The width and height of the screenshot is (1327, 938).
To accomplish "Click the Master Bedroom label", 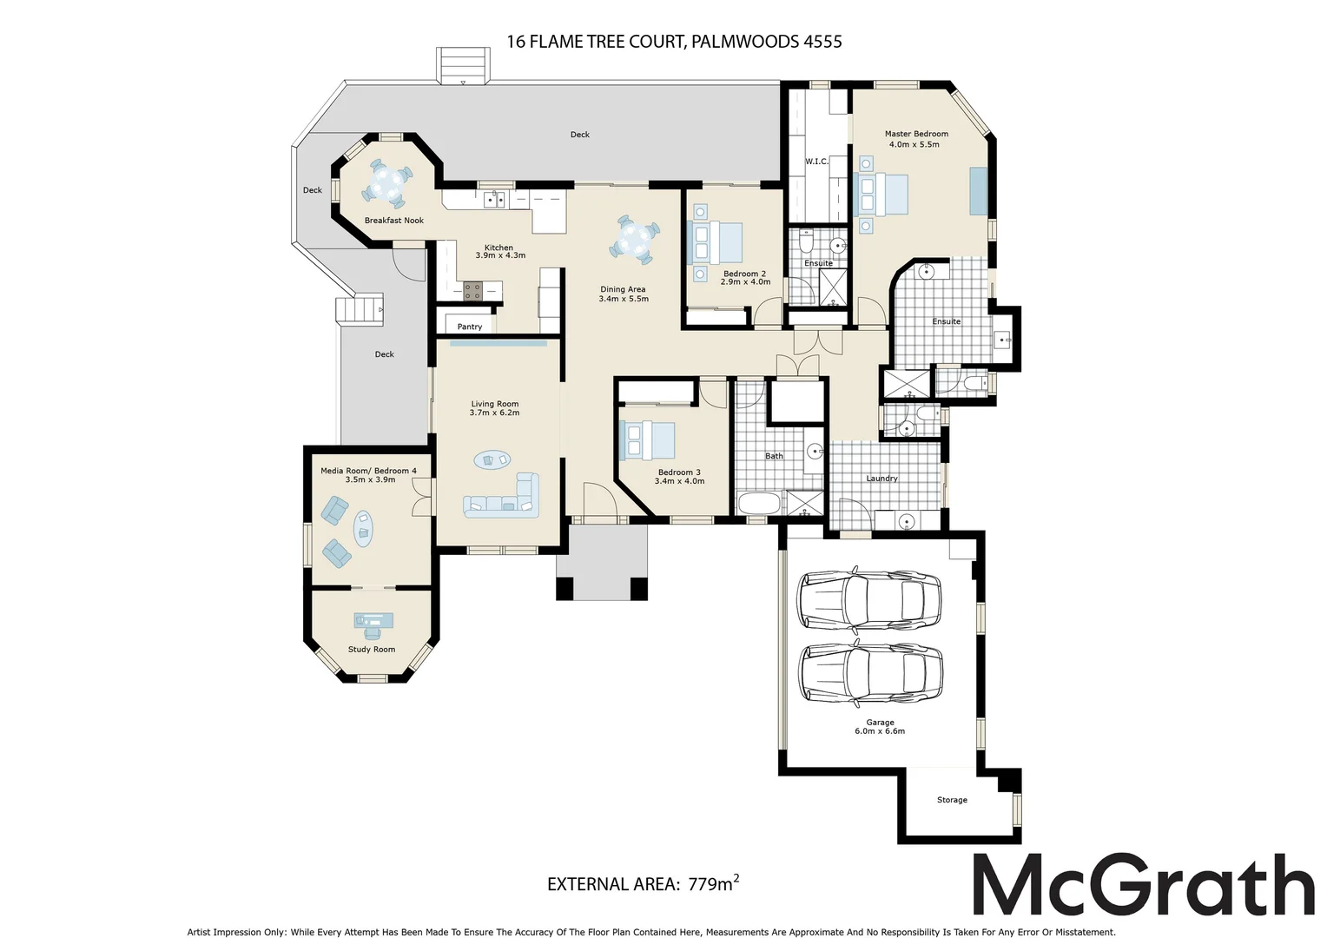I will pyautogui.click(x=916, y=134).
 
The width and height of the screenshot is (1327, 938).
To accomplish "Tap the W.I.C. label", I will pyautogui.click(x=816, y=162).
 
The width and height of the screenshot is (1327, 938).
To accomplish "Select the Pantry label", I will pyautogui.click(x=469, y=327).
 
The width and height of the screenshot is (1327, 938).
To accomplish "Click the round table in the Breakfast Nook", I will pyautogui.click(x=387, y=182).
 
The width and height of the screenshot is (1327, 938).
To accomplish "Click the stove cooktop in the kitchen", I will pyautogui.click(x=472, y=291).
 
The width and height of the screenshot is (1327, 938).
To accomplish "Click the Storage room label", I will pyautogui.click(x=952, y=800).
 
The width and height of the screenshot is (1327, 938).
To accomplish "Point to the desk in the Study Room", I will pyautogui.click(x=373, y=620).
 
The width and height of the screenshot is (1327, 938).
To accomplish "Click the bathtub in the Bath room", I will pyautogui.click(x=760, y=504).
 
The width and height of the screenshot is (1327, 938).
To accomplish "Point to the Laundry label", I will pyautogui.click(x=881, y=479).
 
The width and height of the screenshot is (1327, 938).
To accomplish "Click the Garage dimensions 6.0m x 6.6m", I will pyautogui.click(x=880, y=731).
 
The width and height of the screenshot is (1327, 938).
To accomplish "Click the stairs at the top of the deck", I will pyautogui.click(x=462, y=66).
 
